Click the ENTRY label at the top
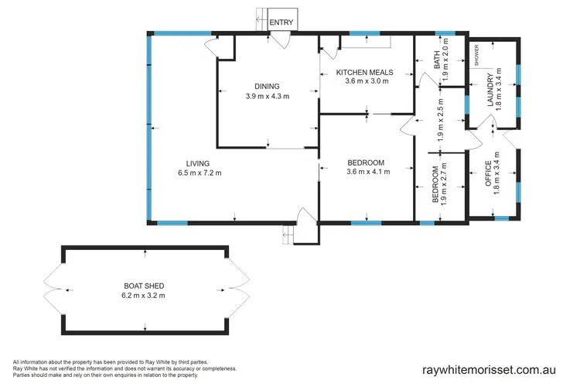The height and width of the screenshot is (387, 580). (281, 22)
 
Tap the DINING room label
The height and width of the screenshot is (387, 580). (267, 86)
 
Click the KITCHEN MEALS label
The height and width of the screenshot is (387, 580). (364, 73)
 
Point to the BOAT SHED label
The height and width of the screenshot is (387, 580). (143, 284)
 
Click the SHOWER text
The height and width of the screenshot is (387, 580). (477, 56)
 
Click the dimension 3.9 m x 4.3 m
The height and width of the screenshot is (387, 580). (267, 96)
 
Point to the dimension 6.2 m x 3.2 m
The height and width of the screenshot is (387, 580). (143, 295)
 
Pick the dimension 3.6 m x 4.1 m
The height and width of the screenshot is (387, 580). (366, 173)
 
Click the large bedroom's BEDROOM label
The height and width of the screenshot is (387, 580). (366, 162)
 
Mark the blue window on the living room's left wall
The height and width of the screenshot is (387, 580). (148, 128)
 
